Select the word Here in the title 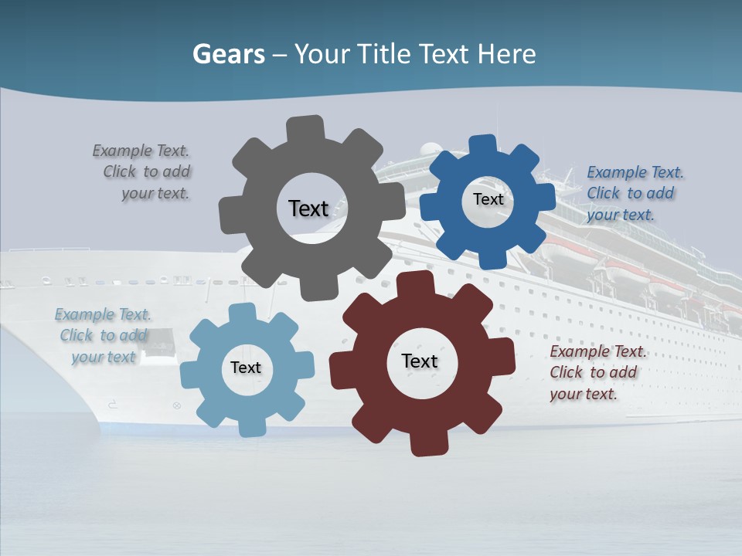point(506,54)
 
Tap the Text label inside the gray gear point(308,208)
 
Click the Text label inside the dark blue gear point(488,199)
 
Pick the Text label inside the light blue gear point(246,368)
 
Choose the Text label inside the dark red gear point(420,361)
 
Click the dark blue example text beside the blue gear point(634,193)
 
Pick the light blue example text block point(104,336)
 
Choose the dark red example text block point(597,372)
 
